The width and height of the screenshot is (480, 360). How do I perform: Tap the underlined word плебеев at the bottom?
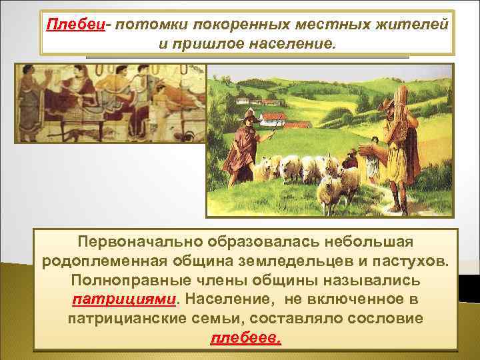pos(246,339)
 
